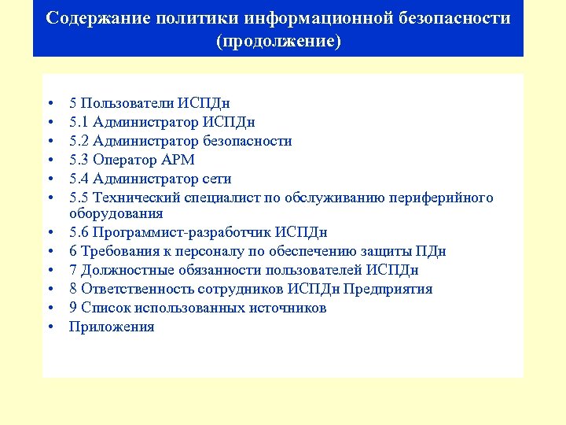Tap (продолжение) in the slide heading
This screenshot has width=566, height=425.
pyautogui.click(x=279, y=41)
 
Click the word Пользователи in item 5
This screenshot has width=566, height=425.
pyautogui.click(x=128, y=103)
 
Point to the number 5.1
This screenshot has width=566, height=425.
pyautogui.click(x=79, y=122)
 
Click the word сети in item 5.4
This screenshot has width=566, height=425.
pyautogui.click(x=216, y=179)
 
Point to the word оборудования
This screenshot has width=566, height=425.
pyautogui.click(x=116, y=213)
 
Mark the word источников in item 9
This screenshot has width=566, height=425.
pyautogui.click(x=286, y=308)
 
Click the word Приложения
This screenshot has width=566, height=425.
pyautogui.click(x=112, y=327)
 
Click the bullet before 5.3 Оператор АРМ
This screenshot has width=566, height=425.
pyautogui.click(x=50, y=161)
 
